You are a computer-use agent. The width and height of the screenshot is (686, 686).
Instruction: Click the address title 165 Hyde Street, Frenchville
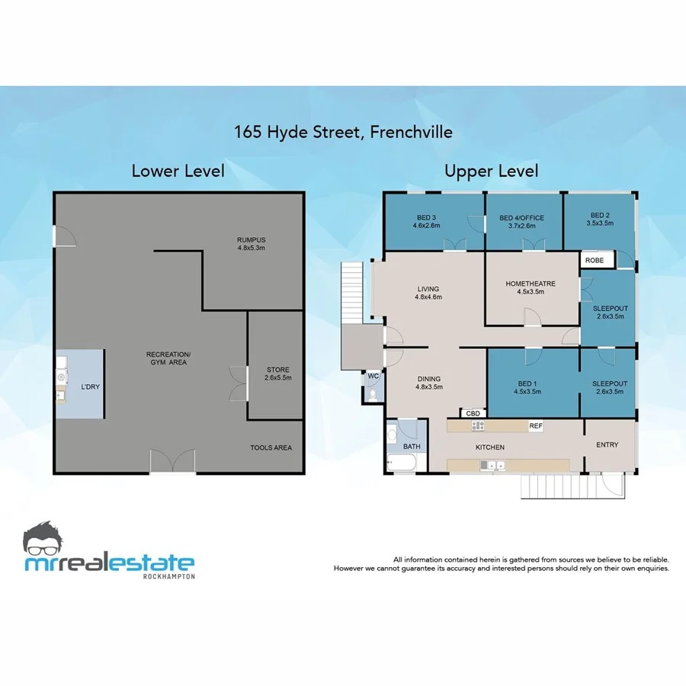pyautogui.click(x=343, y=132)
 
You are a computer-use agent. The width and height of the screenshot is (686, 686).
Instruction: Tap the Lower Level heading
pyautogui.click(x=178, y=171)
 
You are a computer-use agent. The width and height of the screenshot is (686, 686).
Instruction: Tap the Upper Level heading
pyautogui.click(x=492, y=171)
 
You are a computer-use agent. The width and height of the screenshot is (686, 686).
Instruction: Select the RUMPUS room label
pyautogui.click(x=250, y=243)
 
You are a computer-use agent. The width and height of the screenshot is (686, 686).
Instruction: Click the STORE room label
pyautogui.click(x=277, y=373)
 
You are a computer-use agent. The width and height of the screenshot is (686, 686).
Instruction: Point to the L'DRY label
pyautogui.click(x=90, y=386)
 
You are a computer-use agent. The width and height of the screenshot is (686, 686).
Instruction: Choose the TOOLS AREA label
pyautogui.click(x=271, y=447)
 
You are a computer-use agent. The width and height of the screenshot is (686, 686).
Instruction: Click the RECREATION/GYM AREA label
pyautogui.click(x=168, y=357)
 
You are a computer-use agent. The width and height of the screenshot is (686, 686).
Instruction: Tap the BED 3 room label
pyautogui.click(x=427, y=221)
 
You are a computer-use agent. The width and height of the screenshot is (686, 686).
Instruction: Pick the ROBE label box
pyautogui.click(x=595, y=260)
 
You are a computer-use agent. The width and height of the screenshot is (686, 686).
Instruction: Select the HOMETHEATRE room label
pyautogui.click(x=531, y=287)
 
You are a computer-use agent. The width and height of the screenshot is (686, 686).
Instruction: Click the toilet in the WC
pyautogui.click(x=371, y=395)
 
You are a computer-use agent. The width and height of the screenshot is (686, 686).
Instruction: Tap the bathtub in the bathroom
pyautogui.click(x=401, y=462)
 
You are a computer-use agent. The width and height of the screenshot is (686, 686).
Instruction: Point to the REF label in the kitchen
pyautogui.click(x=536, y=426)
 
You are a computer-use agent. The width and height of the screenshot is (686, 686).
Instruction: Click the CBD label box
pyautogui.click(x=473, y=414)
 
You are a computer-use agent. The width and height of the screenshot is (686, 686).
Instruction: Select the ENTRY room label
pyautogui.click(x=607, y=444)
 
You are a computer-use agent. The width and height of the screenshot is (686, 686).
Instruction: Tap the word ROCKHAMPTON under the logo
pyautogui.click(x=168, y=576)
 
